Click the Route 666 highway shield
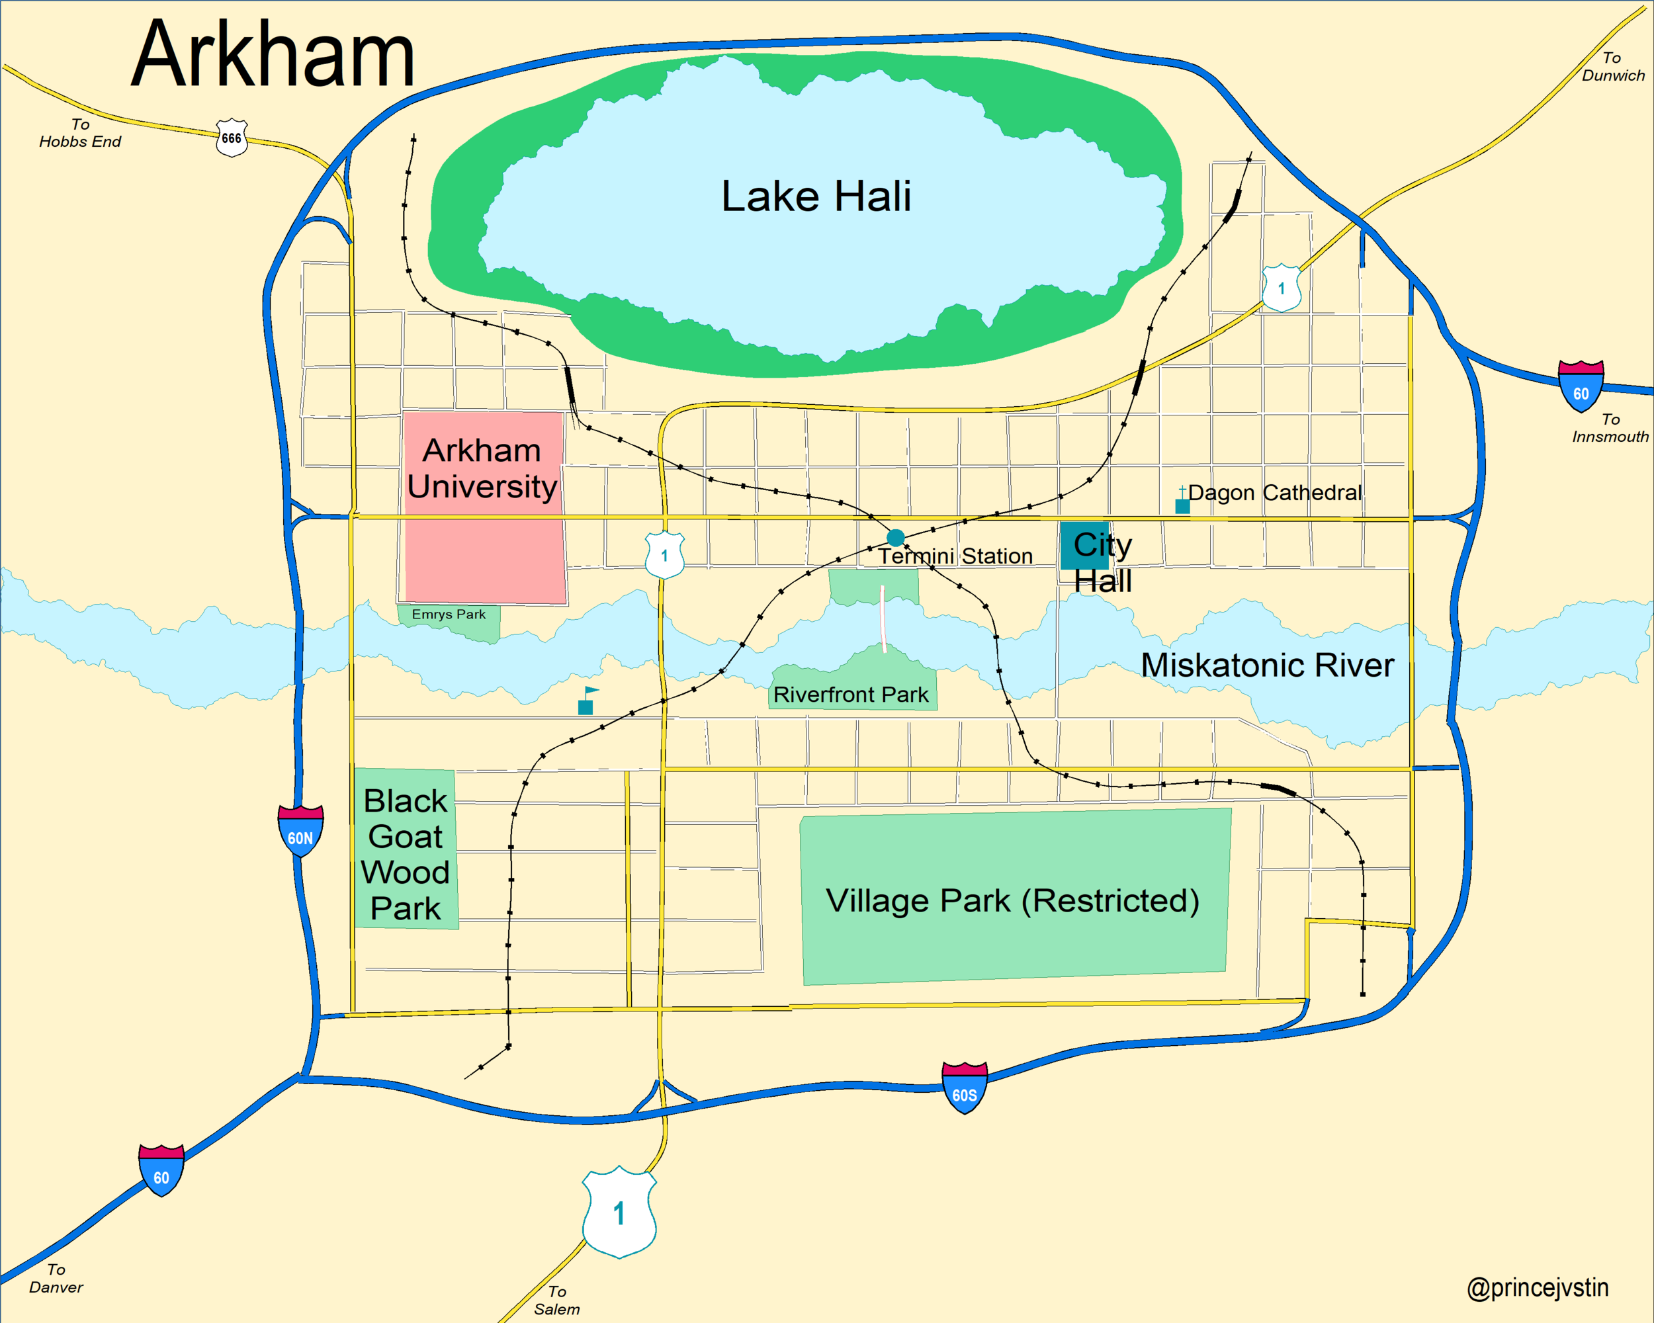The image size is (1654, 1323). pos(232,138)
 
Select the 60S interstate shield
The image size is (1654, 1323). pos(965,1088)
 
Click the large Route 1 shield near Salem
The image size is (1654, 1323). pos(619,1212)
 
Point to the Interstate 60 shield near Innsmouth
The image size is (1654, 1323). pos(1581,386)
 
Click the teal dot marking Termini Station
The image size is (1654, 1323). pos(895,537)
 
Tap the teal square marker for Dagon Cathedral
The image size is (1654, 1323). pos(1182,506)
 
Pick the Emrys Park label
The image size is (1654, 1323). pos(449,615)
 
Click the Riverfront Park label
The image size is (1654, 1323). pos(851,695)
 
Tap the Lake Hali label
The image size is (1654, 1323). pos(816,196)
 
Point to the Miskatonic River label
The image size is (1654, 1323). pos(1268,665)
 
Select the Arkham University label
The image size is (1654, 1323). pos(482,468)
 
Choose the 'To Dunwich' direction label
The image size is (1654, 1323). pos(1612,67)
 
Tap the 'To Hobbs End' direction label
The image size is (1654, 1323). pos(80,133)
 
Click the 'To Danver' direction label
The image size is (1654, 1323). pos(56,1279)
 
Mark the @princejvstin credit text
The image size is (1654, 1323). pos(1538,1288)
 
